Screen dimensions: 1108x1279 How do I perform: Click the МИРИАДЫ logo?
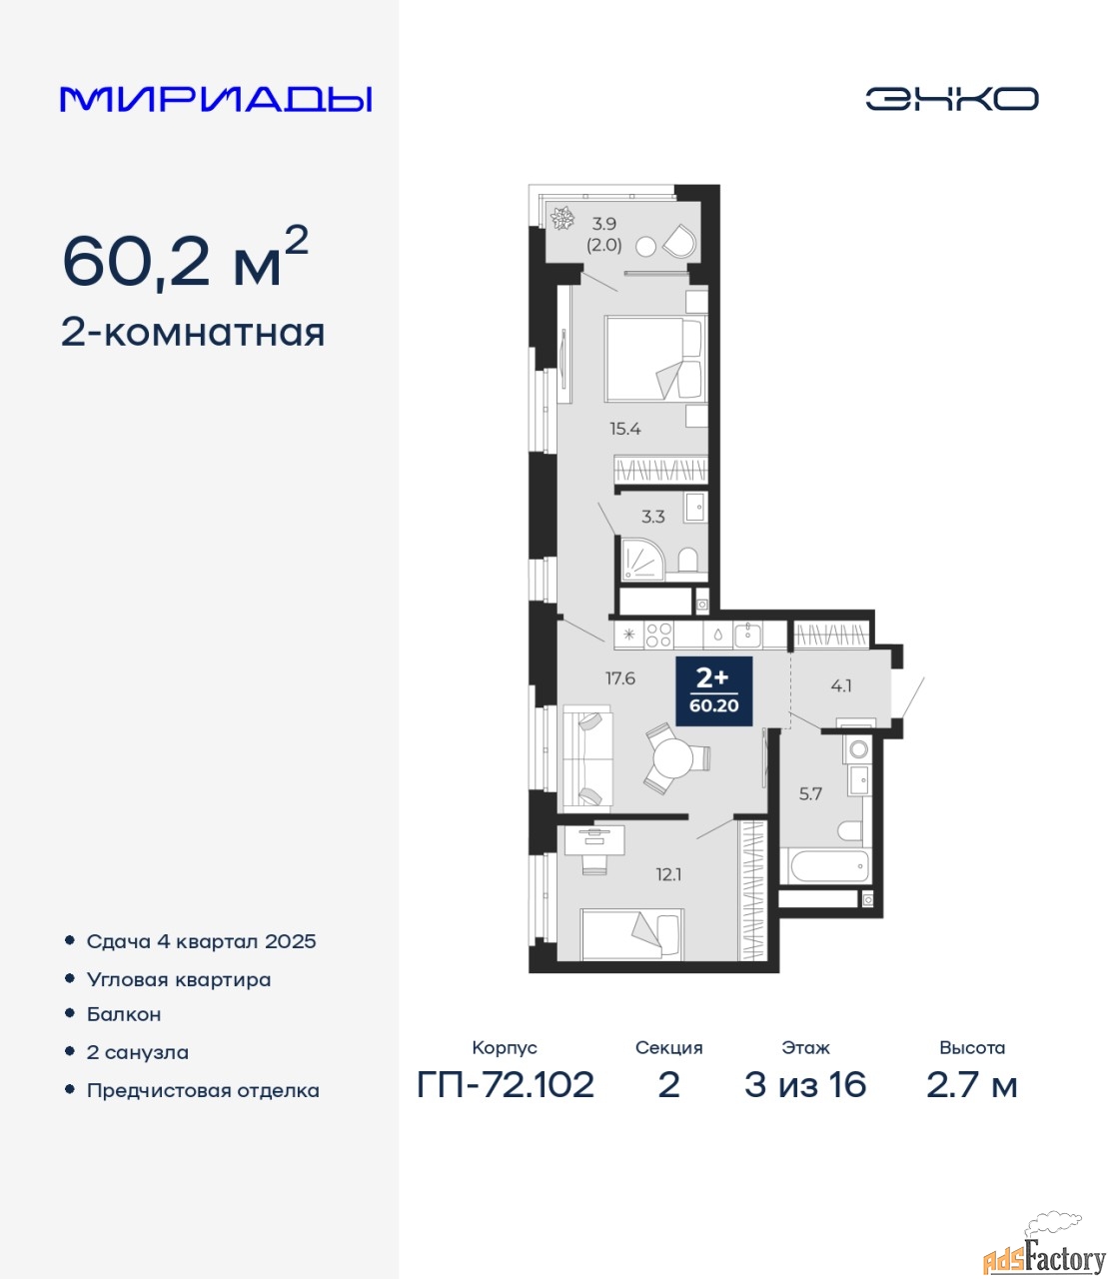pos(216,99)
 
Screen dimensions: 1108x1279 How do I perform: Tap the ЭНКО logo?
pos(951,99)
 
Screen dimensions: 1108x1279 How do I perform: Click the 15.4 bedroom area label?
pos(624,429)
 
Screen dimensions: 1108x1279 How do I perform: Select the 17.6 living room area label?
pos(620,678)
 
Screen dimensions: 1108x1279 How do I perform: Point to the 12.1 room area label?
pos(668,874)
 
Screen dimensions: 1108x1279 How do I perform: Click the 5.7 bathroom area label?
pos(810,793)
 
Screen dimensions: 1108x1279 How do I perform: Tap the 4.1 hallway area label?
pos(841,685)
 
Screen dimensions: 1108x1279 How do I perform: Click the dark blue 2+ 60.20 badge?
pos(714,690)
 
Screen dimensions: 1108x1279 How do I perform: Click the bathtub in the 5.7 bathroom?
pos(825,866)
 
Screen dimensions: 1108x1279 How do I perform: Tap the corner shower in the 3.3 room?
pos(642,560)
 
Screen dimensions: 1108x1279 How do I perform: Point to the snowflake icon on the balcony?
pos(562,218)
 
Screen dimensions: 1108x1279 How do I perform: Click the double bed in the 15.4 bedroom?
pos(655,359)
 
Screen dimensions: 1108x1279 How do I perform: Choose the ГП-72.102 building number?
pos(506,1085)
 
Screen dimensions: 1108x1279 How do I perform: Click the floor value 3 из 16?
pos(805,1085)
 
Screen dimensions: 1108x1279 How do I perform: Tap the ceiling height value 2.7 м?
pos(971,1085)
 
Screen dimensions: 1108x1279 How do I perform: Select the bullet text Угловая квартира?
pos(179,980)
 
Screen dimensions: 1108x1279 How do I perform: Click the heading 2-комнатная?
pos(193,333)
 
